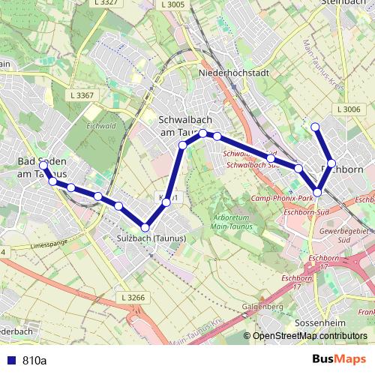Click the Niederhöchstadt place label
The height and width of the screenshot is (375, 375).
coord(227,73)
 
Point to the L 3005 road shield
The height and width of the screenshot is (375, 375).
coord(172,4)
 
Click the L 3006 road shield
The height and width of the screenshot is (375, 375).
coord(349,109)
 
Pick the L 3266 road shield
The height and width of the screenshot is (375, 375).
coord(131,298)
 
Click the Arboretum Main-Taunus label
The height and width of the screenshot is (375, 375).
coord(230,211)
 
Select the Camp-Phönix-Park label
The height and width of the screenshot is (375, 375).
coord(282,198)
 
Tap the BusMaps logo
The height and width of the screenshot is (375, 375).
coord(339,360)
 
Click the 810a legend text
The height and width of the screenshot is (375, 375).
coord(34,361)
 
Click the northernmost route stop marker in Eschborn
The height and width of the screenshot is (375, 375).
coord(316,127)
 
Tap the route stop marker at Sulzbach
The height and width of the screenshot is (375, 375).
coord(145,227)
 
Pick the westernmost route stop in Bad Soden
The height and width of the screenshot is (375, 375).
coord(44,165)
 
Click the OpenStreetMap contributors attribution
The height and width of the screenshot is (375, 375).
coord(310,336)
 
